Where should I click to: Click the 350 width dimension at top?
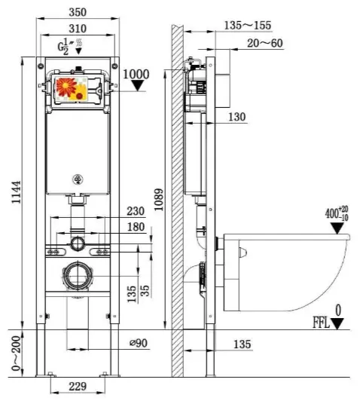pyautogui.click(x=78, y=12)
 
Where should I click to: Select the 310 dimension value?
pyautogui.click(x=78, y=29)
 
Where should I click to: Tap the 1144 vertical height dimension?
pyautogui.click(x=17, y=192)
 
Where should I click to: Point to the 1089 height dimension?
pyautogui.click(x=159, y=200)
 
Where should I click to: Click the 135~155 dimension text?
pyautogui.click(x=248, y=26)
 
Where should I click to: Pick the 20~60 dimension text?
pyautogui.click(x=265, y=43)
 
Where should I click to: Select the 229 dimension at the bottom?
pyautogui.click(x=78, y=386)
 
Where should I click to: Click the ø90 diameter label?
pyautogui.click(x=139, y=343)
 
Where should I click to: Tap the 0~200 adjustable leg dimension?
pyautogui.click(x=17, y=353)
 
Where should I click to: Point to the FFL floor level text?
pyautogui.click(x=321, y=323)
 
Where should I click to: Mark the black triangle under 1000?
pyautogui.click(x=138, y=85)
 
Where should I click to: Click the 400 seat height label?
pyautogui.click(x=337, y=213)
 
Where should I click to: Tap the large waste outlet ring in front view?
pyautogui.click(x=78, y=276)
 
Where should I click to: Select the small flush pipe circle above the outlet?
pyautogui.click(x=78, y=243)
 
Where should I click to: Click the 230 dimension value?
pyautogui.click(x=136, y=211)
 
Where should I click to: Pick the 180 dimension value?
pyautogui.click(x=136, y=227)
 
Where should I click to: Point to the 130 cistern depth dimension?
pyautogui.click(x=237, y=117)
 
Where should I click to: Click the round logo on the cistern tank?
pyautogui.click(x=78, y=179)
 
